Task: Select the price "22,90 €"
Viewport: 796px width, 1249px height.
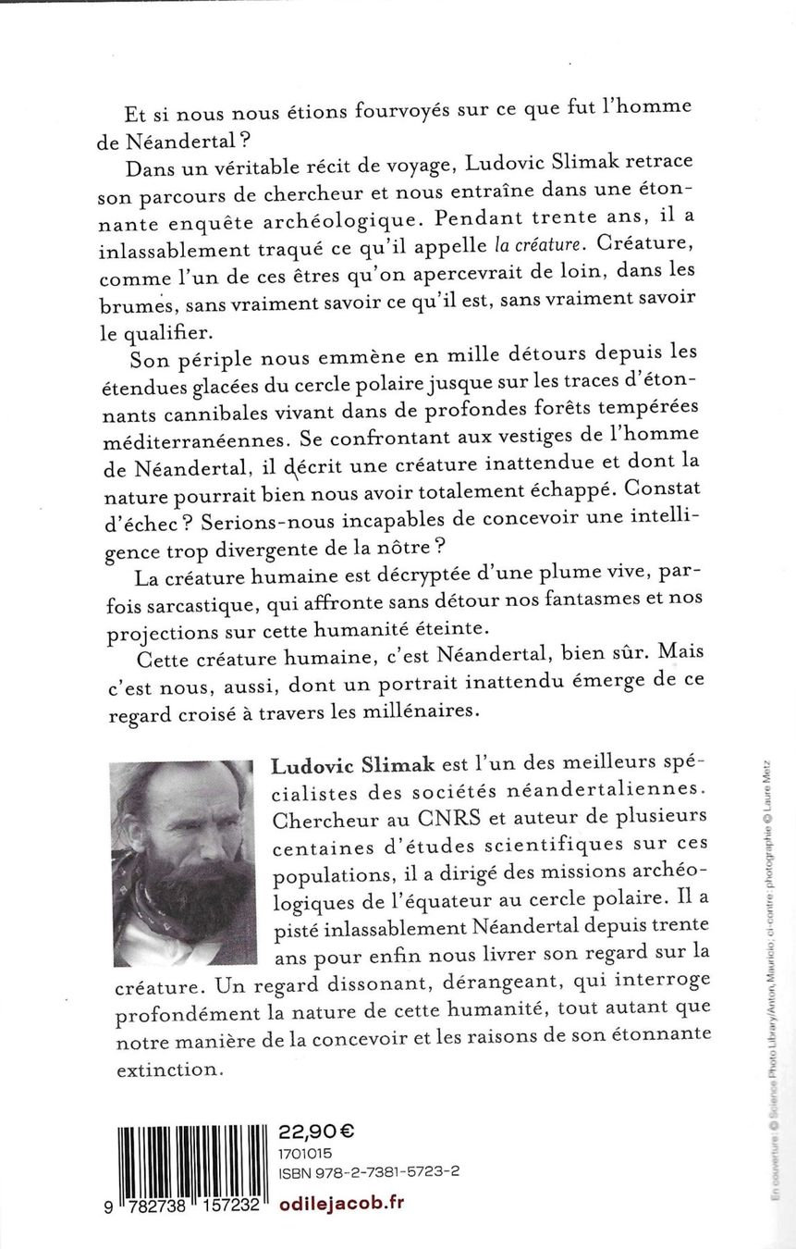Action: [x=316, y=1132]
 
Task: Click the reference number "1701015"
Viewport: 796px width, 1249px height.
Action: [x=306, y=1153]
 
